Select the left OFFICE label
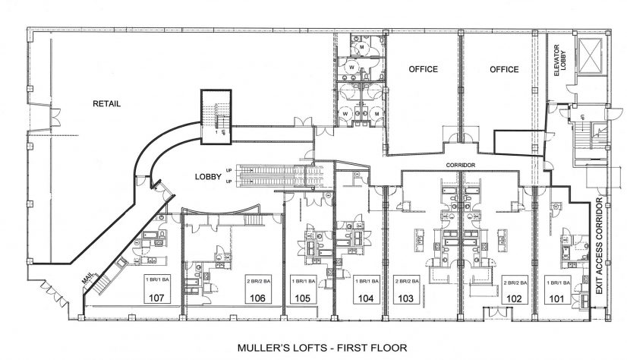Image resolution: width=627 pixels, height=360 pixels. [x=424, y=69]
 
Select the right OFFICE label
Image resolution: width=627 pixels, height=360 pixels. [x=504, y=69]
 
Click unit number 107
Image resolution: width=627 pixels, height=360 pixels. [x=157, y=298]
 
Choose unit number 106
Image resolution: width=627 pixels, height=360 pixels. [x=257, y=298]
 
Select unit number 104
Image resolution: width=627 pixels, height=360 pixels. [x=367, y=298]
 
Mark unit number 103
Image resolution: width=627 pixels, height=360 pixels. [x=405, y=298]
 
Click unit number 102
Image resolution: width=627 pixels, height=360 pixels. [x=515, y=298]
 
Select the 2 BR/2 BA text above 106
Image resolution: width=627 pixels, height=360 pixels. [x=257, y=282]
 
